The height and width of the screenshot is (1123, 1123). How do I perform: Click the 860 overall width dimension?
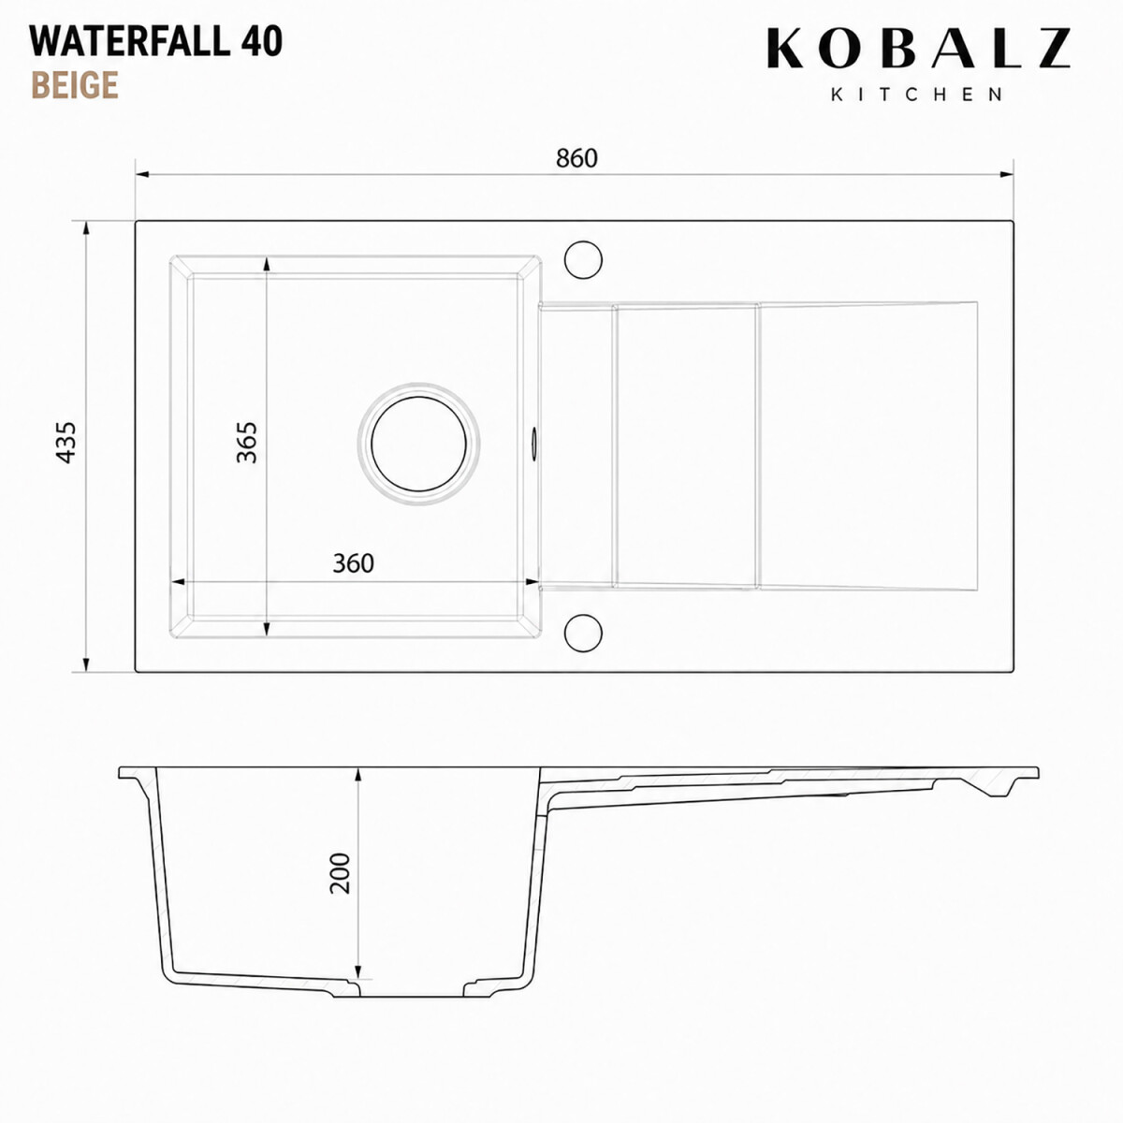click(576, 158)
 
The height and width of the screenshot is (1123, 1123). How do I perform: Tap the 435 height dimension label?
click(66, 443)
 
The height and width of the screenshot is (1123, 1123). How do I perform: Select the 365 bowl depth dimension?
click(246, 443)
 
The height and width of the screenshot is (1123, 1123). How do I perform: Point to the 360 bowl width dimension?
click(353, 563)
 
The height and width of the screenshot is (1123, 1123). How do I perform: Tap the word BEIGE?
click(75, 85)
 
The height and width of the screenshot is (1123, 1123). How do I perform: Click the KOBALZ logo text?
click(918, 49)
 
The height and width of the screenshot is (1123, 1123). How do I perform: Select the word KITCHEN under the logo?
click(917, 95)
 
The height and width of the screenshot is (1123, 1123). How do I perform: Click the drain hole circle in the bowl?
click(418, 444)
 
